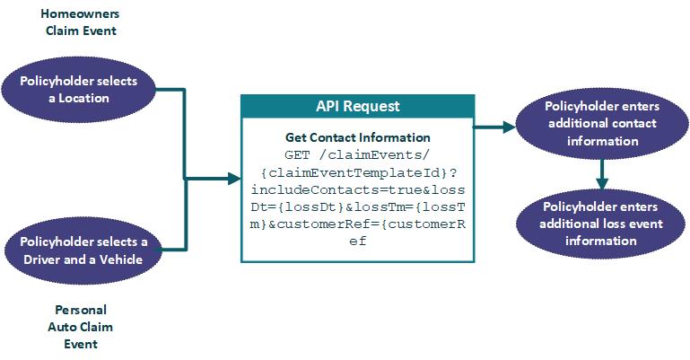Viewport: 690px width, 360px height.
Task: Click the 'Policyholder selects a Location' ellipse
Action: coord(79,89)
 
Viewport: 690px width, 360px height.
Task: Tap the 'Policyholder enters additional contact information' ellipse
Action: coord(601,123)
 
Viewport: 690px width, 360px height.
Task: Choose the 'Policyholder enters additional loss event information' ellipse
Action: coord(601,224)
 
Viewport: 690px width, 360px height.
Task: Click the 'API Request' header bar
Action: coord(357,105)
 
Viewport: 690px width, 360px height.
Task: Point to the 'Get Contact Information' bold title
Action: coord(357,137)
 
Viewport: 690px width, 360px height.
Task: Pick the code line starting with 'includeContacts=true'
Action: coord(357,189)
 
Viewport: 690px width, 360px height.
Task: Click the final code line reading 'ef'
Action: coord(357,241)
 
